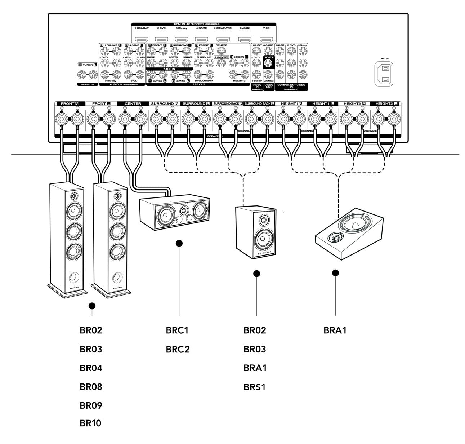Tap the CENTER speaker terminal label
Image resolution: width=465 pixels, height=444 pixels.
pyautogui.click(x=133, y=103)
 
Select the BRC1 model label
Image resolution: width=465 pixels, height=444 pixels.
pyautogui.click(x=177, y=330)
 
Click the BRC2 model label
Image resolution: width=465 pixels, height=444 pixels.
pyautogui.click(x=178, y=349)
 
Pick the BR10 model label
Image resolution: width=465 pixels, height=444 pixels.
pyautogui.click(x=90, y=423)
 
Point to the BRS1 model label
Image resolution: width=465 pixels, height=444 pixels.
pyautogui.click(x=255, y=387)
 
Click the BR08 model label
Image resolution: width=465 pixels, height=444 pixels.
pyautogui.click(x=91, y=387)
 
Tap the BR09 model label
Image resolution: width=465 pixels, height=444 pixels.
pyautogui.click(x=91, y=405)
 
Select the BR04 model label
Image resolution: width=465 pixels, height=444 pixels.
pyautogui.click(x=91, y=368)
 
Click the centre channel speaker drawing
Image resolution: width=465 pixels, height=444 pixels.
pyautogui.click(x=174, y=214)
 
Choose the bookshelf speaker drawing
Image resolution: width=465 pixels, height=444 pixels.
pyautogui.click(x=256, y=232)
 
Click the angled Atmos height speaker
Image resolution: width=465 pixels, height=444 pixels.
pyautogui.click(x=346, y=234)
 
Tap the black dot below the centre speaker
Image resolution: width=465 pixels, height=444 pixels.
pyautogui.click(x=179, y=244)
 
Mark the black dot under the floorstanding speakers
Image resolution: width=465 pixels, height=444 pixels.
pyautogui.click(x=92, y=306)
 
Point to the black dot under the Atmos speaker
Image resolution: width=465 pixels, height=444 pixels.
pyautogui.click(x=336, y=273)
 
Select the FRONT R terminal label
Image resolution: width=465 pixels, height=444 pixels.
pyautogui.click(x=70, y=103)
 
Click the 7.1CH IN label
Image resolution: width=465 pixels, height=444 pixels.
pyautogui.click(x=169, y=68)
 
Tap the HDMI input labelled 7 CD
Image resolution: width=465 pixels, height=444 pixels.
pyautogui.click(x=266, y=39)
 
